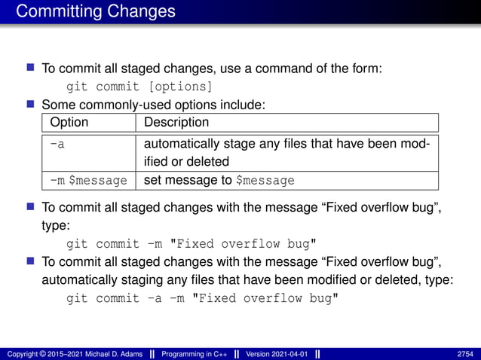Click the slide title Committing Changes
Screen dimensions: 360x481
pos(96,12)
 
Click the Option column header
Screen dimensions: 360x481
pos(69,122)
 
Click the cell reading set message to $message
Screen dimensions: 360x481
pos(218,181)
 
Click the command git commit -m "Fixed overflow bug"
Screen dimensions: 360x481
pos(192,243)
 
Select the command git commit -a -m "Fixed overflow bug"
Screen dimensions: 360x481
pos(202,298)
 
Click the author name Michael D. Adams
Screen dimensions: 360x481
pos(114,353)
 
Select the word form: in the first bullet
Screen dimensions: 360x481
pos(369,68)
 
